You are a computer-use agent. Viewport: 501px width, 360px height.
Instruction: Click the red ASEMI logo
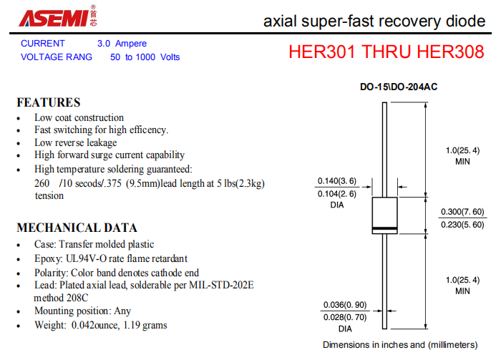click(54, 18)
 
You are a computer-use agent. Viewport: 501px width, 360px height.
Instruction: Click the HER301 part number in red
click(321, 52)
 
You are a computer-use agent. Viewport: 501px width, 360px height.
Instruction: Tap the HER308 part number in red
click(450, 52)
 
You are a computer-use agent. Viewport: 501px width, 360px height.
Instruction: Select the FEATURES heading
click(49, 102)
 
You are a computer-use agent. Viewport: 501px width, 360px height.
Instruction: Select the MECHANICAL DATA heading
click(77, 228)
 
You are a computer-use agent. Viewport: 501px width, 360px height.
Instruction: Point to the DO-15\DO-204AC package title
click(399, 87)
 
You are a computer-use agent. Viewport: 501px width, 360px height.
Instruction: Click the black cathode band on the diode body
click(385, 229)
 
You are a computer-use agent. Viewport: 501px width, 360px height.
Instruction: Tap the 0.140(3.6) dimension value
click(337, 181)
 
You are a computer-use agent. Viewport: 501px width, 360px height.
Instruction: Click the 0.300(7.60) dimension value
click(462, 212)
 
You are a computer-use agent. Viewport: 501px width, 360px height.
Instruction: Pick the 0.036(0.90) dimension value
click(345, 305)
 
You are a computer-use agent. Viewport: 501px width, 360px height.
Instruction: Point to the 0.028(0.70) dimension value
click(345, 317)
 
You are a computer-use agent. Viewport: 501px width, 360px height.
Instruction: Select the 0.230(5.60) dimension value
click(462, 225)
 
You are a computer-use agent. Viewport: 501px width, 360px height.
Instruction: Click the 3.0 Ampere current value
click(122, 44)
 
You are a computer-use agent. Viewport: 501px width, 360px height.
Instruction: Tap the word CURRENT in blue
click(43, 44)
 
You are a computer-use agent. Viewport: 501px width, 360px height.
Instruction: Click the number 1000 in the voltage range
click(145, 57)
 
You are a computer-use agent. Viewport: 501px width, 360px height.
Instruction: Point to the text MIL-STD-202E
click(221, 285)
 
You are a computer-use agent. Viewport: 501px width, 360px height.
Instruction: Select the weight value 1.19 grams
click(145, 325)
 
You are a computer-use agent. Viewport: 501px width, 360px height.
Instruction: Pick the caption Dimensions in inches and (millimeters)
click(400, 345)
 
